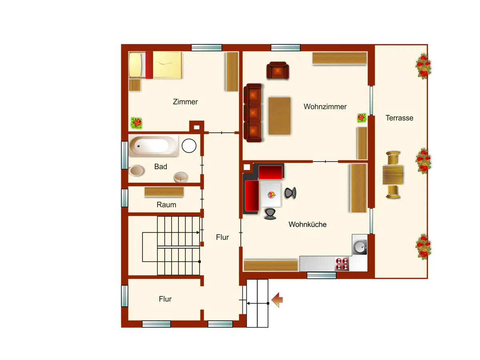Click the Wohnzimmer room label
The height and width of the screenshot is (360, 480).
coord(325,107)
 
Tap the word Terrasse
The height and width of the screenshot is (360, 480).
coord(399,118)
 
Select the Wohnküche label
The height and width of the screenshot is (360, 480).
coord(308,224)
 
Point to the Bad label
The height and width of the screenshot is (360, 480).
coord(160,166)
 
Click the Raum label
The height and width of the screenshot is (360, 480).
coord(166,205)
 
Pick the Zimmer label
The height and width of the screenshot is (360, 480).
coord(185,102)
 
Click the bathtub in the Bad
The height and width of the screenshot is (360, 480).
coord(154,146)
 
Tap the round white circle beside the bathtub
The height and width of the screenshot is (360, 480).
coord(189,146)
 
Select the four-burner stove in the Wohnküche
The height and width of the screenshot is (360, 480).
coord(342,264)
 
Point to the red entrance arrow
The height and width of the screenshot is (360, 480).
coord(277,300)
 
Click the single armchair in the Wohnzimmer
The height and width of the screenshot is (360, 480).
coord(278,70)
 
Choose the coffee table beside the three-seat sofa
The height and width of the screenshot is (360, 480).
coord(280,116)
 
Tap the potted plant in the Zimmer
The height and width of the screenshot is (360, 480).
coord(136,123)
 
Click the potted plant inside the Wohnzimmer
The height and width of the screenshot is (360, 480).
coord(362,118)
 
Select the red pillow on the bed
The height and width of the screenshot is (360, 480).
coord(149,65)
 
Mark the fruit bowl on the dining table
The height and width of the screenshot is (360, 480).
coord(271,194)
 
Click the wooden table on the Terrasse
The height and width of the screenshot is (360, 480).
coord(392,175)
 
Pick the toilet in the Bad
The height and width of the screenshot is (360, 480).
coord(137,170)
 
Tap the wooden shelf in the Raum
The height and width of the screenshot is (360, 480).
coord(164,192)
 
